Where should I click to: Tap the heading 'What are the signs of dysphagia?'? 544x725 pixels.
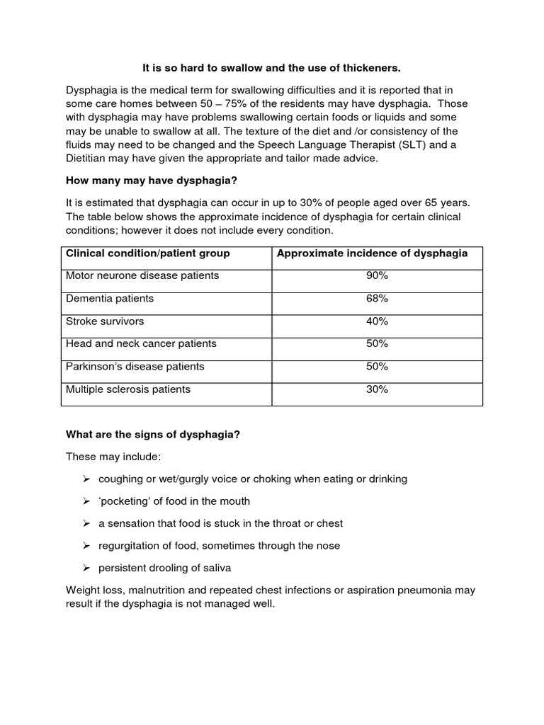153,434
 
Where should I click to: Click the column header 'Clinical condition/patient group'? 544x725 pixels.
147,253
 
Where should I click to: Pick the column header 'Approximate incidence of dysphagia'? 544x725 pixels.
372,253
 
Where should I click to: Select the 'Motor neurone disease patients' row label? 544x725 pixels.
142,275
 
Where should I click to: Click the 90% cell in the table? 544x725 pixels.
377,275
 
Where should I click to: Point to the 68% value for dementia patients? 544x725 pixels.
377,298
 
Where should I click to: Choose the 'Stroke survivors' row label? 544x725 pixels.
105,321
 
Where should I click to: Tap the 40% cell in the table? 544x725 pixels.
377,321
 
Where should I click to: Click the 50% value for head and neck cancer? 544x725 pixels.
377,343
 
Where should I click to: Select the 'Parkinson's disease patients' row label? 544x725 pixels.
135,366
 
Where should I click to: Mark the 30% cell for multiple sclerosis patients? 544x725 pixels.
377,389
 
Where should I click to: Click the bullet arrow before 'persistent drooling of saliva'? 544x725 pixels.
86,569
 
